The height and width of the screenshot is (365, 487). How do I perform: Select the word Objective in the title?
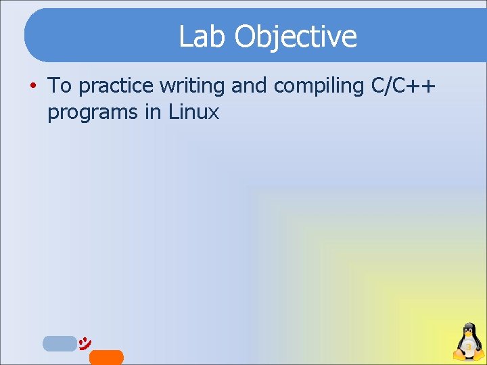pyautogui.click(x=296, y=37)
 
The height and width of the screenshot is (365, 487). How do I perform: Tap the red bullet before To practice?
pyautogui.click(x=32, y=86)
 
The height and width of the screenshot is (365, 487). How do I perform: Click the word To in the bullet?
pyautogui.click(x=60, y=86)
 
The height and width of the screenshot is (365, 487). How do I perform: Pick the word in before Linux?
pyautogui.click(x=153, y=112)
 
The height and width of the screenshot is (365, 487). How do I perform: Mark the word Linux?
pyautogui.click(x=194, y=112)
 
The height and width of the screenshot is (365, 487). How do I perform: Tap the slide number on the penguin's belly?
pyautogui.click(x=467, y=348)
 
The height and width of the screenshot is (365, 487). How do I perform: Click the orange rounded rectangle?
pyautogui.click(x=106, y=358)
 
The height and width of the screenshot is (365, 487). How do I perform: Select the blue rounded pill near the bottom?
pyautogui.click(x=60, y=343)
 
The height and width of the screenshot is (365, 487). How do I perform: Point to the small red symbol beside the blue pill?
pyautogui.click(x=85, y=342)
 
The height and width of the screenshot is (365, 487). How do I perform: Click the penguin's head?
pyautogui.click(x=467, y=331)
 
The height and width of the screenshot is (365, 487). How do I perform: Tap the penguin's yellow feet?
pyautogui.click(x=467, y=359)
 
